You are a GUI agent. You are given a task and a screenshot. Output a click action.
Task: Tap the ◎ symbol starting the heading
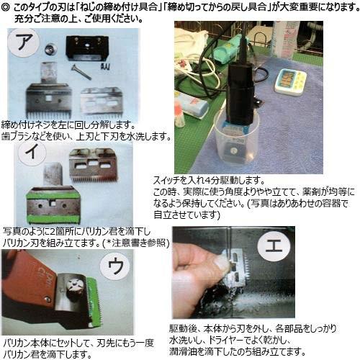tap(6, 6)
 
